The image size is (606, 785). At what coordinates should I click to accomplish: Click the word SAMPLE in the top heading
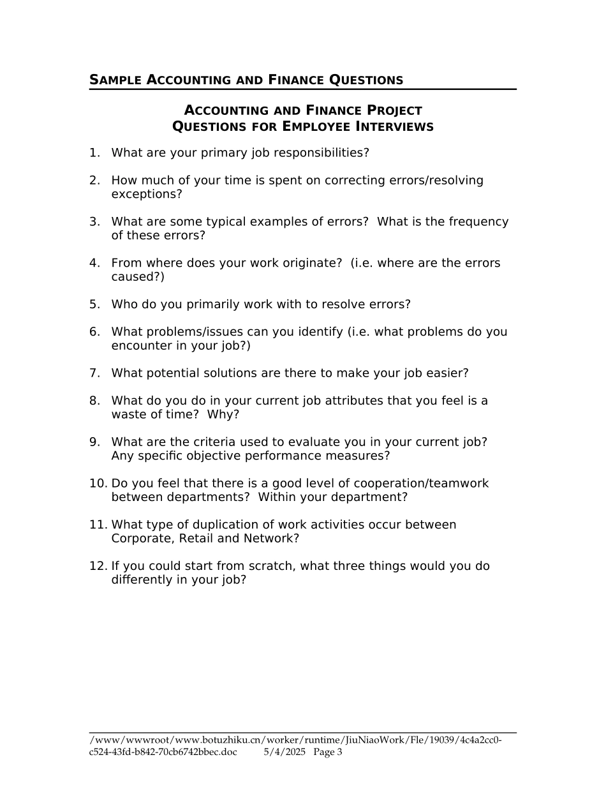click(115, 80)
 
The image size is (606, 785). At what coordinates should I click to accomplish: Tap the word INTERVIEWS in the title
click(394, 126)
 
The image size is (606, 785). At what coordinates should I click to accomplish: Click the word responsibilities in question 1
click(320, 153)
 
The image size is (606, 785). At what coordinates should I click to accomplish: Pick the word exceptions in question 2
click(144, 194)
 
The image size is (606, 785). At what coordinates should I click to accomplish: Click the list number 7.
click(94, 373)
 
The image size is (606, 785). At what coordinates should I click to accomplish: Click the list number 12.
click(98, 566)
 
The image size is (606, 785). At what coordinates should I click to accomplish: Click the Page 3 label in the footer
click(328, 752)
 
